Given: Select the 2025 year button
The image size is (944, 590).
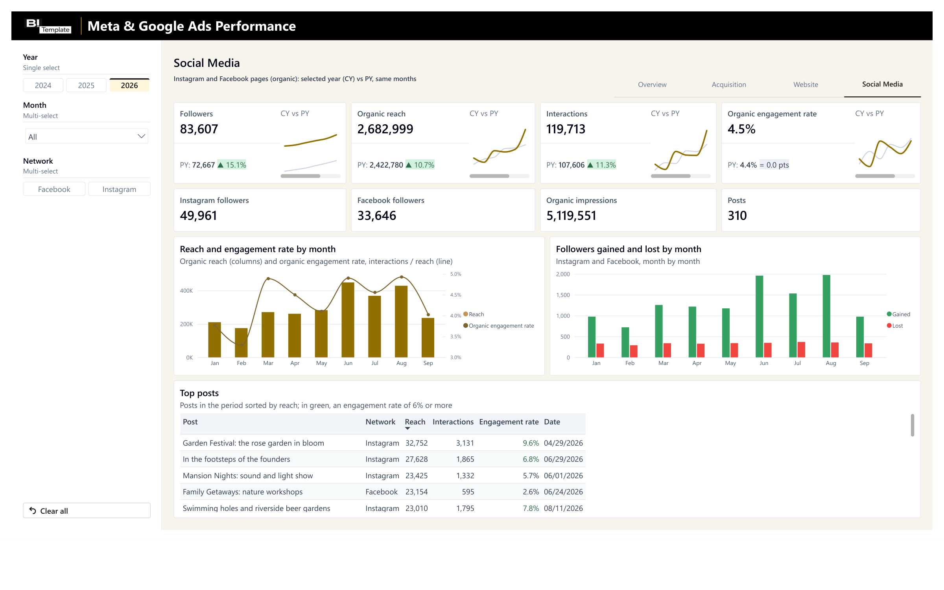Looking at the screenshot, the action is (x=86, y=85).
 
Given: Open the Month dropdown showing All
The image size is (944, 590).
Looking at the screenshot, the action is (x=87, y=136).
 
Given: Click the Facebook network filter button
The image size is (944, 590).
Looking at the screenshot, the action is (x=54, y=189).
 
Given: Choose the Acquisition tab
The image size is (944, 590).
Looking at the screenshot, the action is (x=729, y=85).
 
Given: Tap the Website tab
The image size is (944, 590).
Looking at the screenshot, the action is (x=806, y=85).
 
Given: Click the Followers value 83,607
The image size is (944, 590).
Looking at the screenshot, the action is (x=199, y=129).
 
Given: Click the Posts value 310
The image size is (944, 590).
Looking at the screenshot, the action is (x=737, y=216).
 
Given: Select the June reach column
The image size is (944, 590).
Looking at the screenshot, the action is (x=348, y=320).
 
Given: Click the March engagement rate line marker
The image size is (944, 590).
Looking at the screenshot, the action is (x=268, y=278).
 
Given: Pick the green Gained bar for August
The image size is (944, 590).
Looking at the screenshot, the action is (x=826, y=316).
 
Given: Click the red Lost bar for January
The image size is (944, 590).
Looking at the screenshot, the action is (x=600, y=350).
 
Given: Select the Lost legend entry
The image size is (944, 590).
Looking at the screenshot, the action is (x=895, y=326).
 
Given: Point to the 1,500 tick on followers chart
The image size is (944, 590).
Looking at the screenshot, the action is (x=563, y=295).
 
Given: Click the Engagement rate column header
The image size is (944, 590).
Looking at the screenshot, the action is (x=509, y=422).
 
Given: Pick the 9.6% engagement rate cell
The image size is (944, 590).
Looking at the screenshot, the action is (x=531, y=443).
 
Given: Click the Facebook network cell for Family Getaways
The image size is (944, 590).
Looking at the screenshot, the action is (x=382, y=492).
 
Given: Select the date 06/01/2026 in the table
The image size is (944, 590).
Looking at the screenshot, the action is (x=563, y=476).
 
